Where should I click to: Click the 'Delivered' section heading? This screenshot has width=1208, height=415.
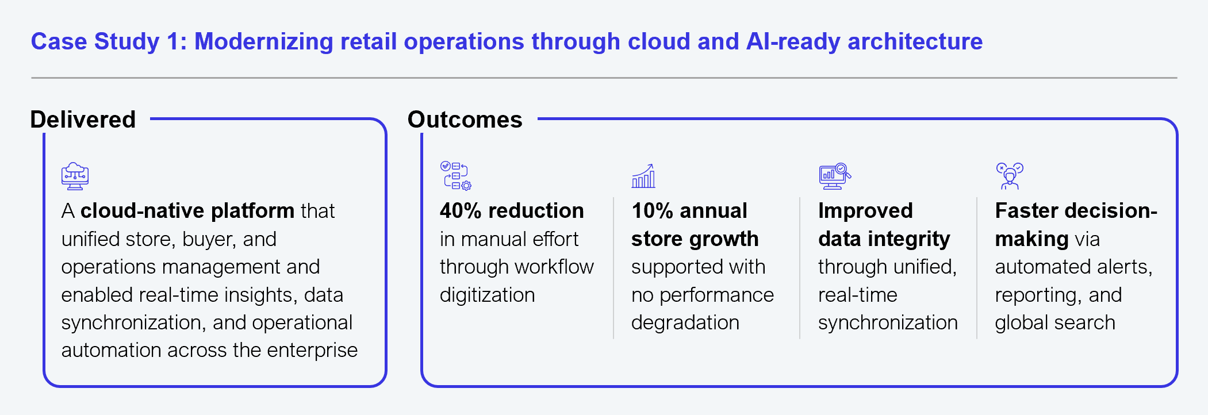point(83,120)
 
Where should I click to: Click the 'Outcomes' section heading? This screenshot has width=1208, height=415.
point(465,120)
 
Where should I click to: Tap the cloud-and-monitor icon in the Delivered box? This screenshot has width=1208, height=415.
point(75,176)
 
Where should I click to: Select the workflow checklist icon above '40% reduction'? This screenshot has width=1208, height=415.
point(456,175)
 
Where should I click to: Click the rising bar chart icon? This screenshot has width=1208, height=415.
point(643,175)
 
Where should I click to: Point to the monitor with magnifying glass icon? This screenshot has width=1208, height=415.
point(835,176)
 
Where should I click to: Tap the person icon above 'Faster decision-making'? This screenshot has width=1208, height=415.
point(1010,176)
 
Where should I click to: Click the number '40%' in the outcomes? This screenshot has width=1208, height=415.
point(461,211)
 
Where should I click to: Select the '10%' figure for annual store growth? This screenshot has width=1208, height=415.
point(652,211)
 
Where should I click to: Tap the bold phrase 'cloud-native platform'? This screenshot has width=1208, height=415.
point(187,211)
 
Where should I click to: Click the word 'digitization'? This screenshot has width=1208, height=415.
point(488,295)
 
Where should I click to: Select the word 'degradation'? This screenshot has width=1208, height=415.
point(685,322)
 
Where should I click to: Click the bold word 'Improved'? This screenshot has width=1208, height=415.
point(865,211)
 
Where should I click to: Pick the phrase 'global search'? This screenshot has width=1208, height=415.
point(1055,322)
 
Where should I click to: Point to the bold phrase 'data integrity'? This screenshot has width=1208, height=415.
point(884,239)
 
